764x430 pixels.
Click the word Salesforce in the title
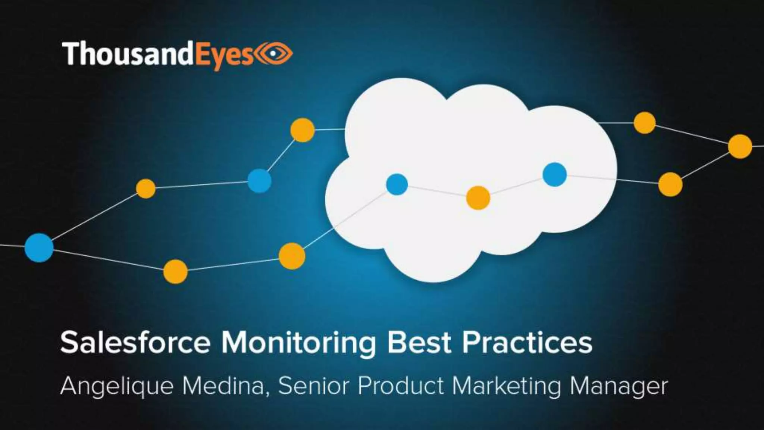click(x=135, y=343)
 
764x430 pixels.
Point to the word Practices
click(x=527, y=343)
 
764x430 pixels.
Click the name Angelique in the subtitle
click(x=117, y=387)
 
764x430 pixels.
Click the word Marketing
click(x=507, y=387)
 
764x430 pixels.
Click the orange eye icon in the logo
click(x=275, y=54)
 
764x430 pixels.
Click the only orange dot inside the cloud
click(x=478, y=197)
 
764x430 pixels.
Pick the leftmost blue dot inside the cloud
click(x=397, y=184)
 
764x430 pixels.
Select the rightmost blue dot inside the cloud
click(x=554, y=174)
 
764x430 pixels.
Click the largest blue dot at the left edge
click(x=39, y=247)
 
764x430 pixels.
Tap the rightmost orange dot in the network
click(x=740, y=146)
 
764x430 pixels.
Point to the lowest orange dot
click(x=175, y=271)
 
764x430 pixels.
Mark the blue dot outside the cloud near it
click(x=259, y=181)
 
